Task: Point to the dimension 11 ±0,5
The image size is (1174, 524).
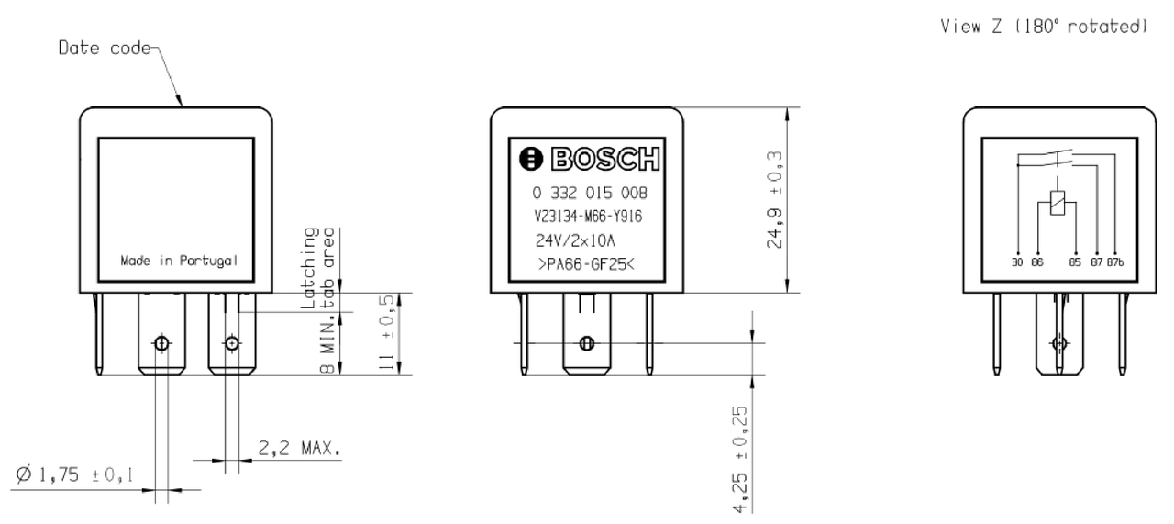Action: [x=389, y=335]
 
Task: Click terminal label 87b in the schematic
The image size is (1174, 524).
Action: [x=1115, y=261]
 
